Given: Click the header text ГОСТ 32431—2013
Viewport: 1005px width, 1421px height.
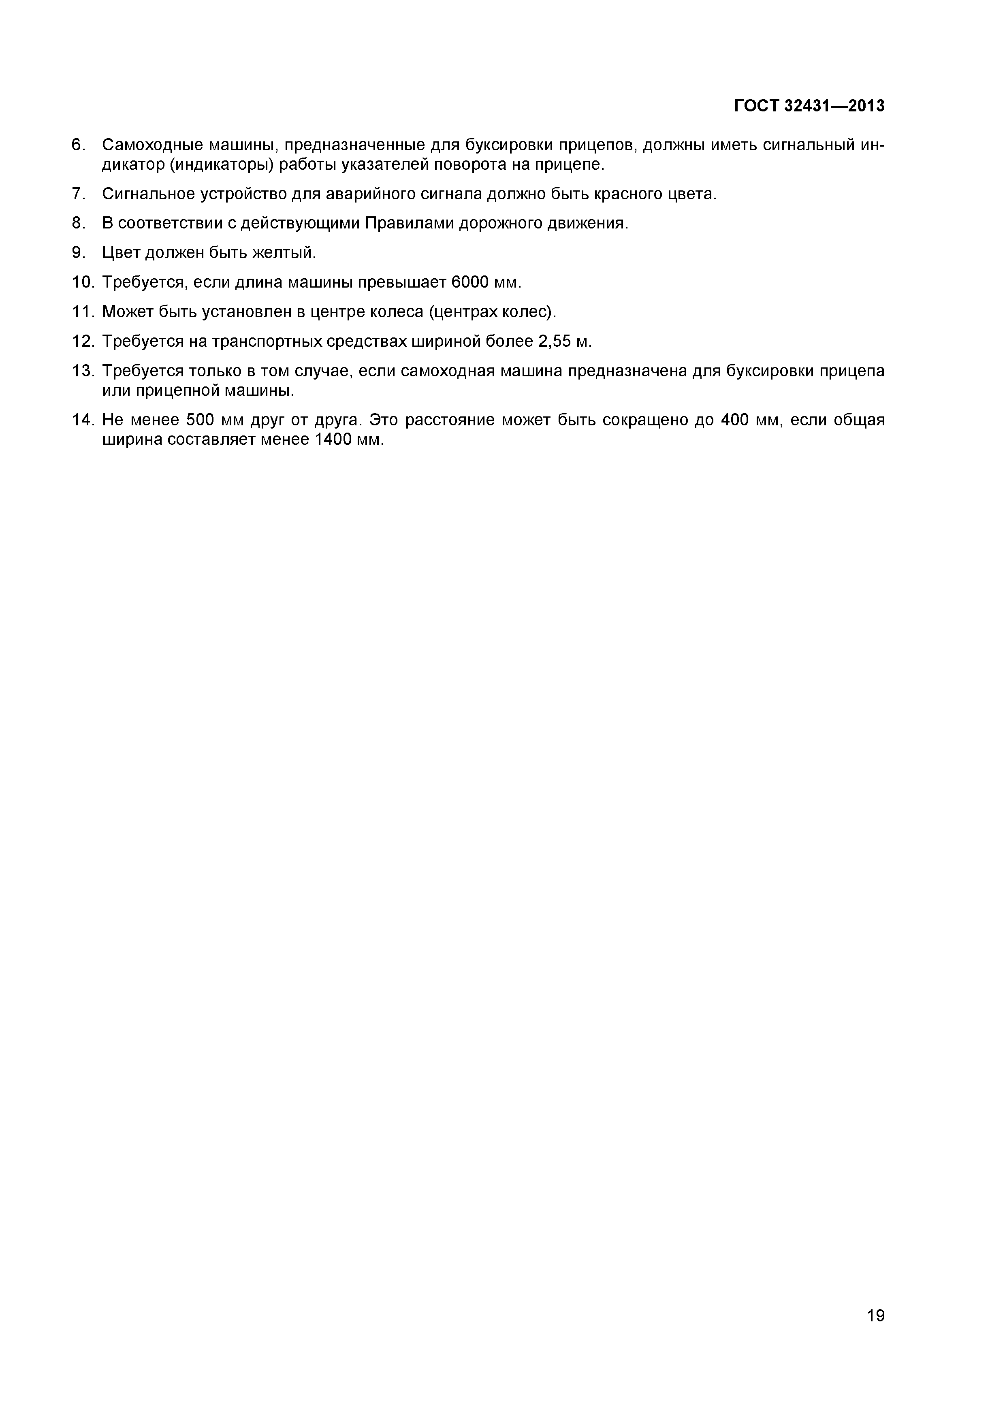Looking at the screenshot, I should [x=809, y=107].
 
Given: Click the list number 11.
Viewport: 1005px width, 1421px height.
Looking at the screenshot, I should [x=82, y=312].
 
